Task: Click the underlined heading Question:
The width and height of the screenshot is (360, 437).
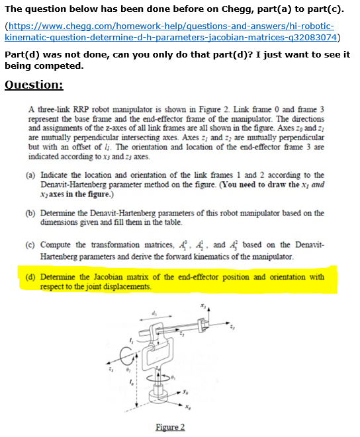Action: tap(34, 85)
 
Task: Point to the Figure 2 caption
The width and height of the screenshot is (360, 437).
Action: tap(170, 427)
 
